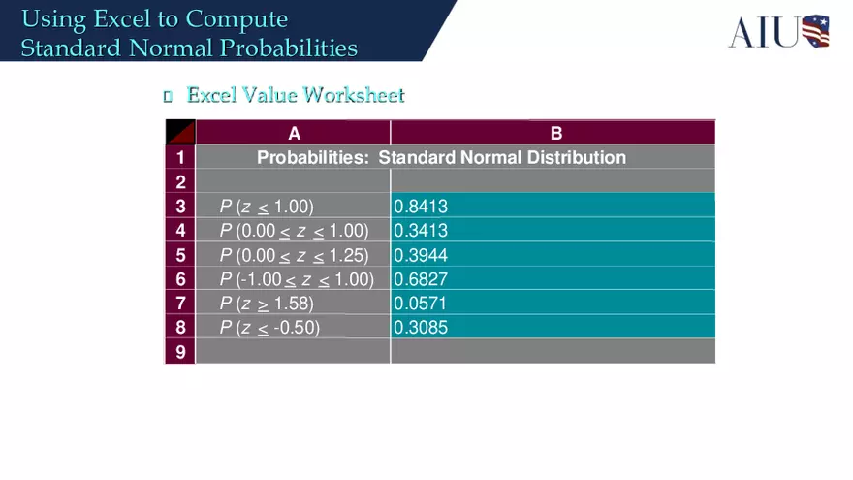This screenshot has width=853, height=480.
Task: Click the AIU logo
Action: (x=778, y=31)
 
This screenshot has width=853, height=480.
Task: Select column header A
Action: (x=294, y=133)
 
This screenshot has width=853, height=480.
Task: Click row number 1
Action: (x=180, y=157)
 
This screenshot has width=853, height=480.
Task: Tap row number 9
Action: (x=180, y=351)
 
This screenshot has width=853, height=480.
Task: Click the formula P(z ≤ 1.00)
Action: (x=267, y=206)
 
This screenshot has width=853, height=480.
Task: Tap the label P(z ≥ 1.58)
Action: (x=267, y=304)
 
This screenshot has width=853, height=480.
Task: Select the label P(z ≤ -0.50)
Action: (x=269, y=328)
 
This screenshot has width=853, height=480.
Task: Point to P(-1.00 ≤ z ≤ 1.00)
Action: (x=297, y=279)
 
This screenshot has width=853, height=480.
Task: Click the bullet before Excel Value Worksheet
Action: (x=168, y=96)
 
